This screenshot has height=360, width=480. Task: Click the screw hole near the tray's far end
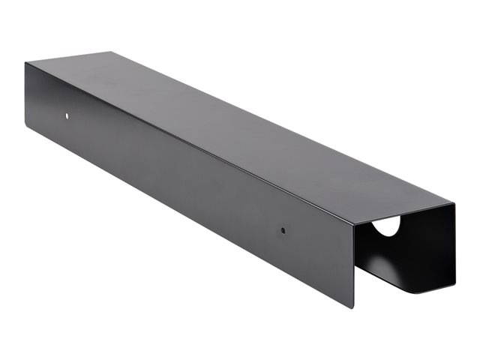coord(66,116)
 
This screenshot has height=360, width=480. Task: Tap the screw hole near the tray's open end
coord(283,230)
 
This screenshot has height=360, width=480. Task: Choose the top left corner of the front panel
coord(25,63)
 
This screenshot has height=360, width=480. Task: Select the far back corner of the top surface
coord(112,52)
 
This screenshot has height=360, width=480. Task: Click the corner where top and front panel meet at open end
coord(353,222)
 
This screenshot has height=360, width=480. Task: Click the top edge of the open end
coord(405,213)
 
